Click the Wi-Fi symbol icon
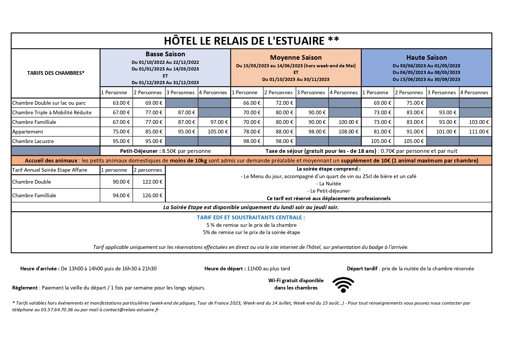(343, 285)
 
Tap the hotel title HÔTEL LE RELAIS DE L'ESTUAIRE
(251, 41)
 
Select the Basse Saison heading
(165, 54)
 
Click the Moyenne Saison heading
(296, 57)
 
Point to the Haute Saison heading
(426, 57)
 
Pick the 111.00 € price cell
(479, 132)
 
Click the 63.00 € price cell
(121, 103)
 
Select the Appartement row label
(28, 132)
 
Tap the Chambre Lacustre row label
(33, 141)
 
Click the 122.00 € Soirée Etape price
(152, 182)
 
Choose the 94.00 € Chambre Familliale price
(121, 196)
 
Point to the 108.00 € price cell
(348, 132)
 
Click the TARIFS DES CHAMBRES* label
(56, 73)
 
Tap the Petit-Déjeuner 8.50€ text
(165, 151)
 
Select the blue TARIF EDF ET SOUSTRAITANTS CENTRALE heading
(251, 217)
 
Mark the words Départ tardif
(362, 269)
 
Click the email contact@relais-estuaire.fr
(131, 310)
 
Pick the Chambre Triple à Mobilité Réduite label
(52, 113)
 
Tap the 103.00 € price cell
(479, 122)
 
